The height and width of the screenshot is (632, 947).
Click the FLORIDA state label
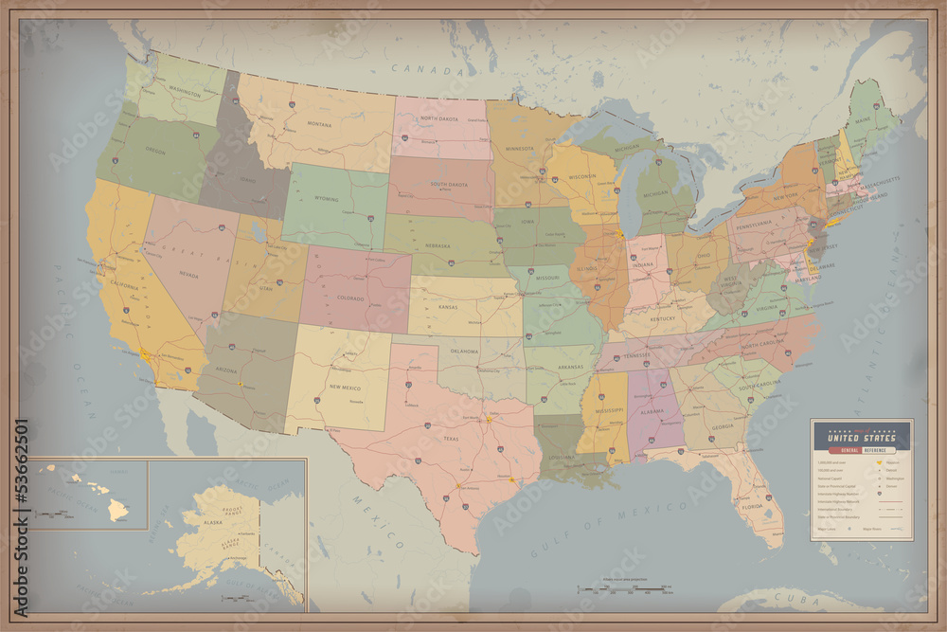[x=752, y=506]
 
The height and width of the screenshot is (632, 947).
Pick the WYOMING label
[x=327, y=199]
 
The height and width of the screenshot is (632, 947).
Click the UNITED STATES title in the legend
[x=862, y=437]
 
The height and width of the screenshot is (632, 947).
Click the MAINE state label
[x=863, y=120]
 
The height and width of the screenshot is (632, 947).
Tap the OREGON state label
[x=155, y=150]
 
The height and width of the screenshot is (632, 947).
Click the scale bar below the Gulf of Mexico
[x=625, y=589]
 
